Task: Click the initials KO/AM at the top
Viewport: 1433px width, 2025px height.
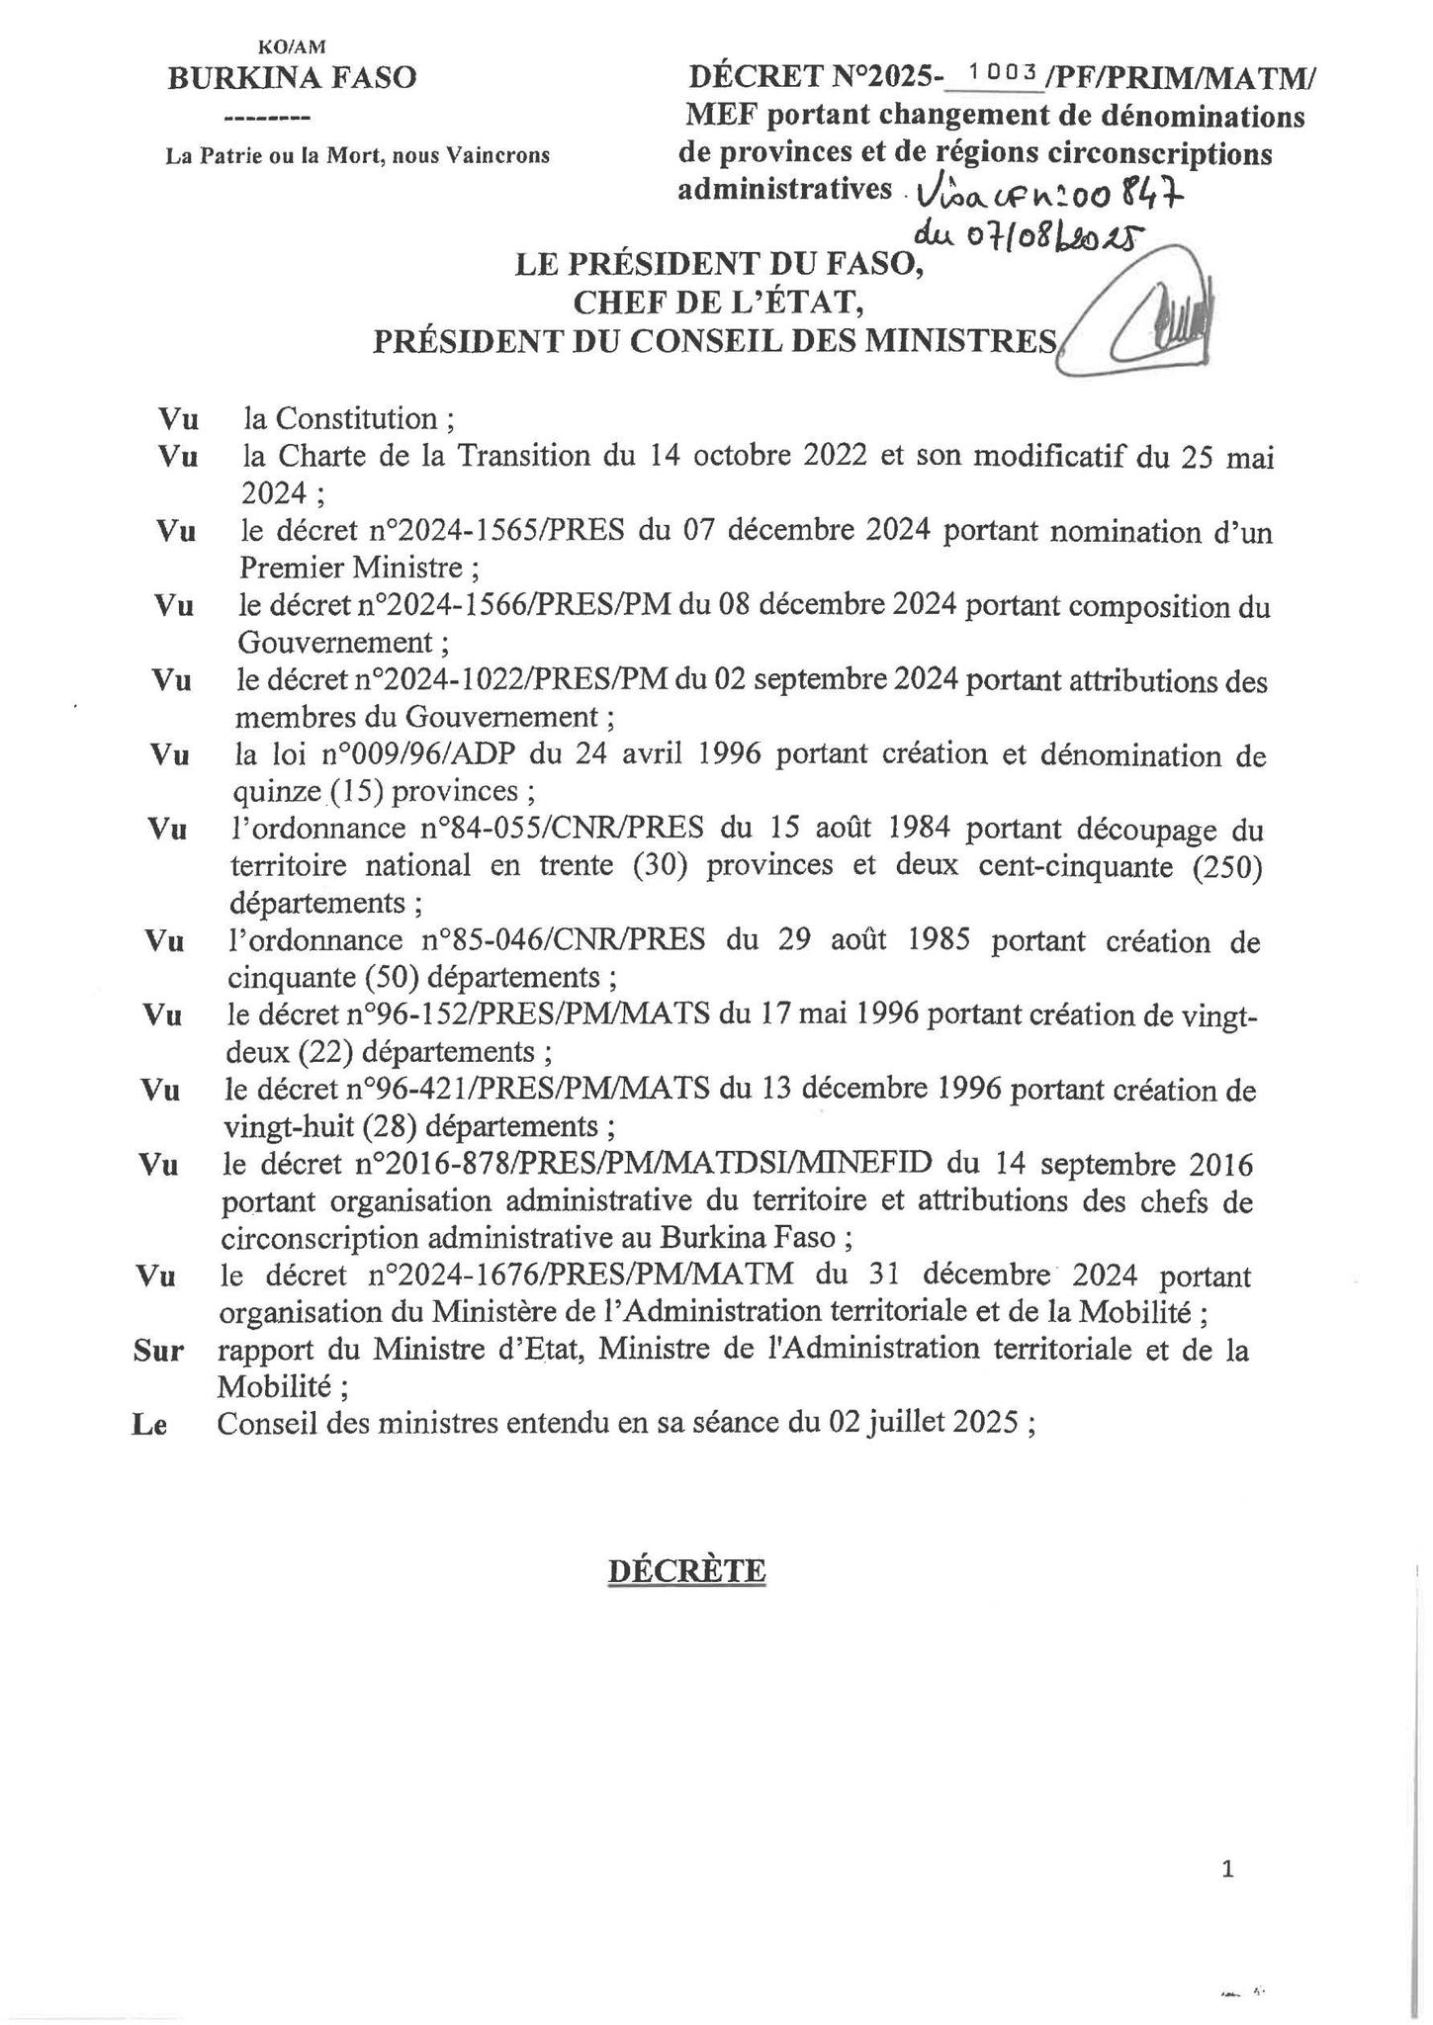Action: [x=291, y=46]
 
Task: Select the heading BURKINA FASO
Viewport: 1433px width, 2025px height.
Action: [x=292, y=77]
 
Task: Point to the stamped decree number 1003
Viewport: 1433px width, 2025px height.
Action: [x=1002, y=72]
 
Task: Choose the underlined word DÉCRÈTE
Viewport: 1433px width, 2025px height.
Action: [x=686, y=1571]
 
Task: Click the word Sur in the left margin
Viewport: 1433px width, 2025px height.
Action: [x=158, y=1351]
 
